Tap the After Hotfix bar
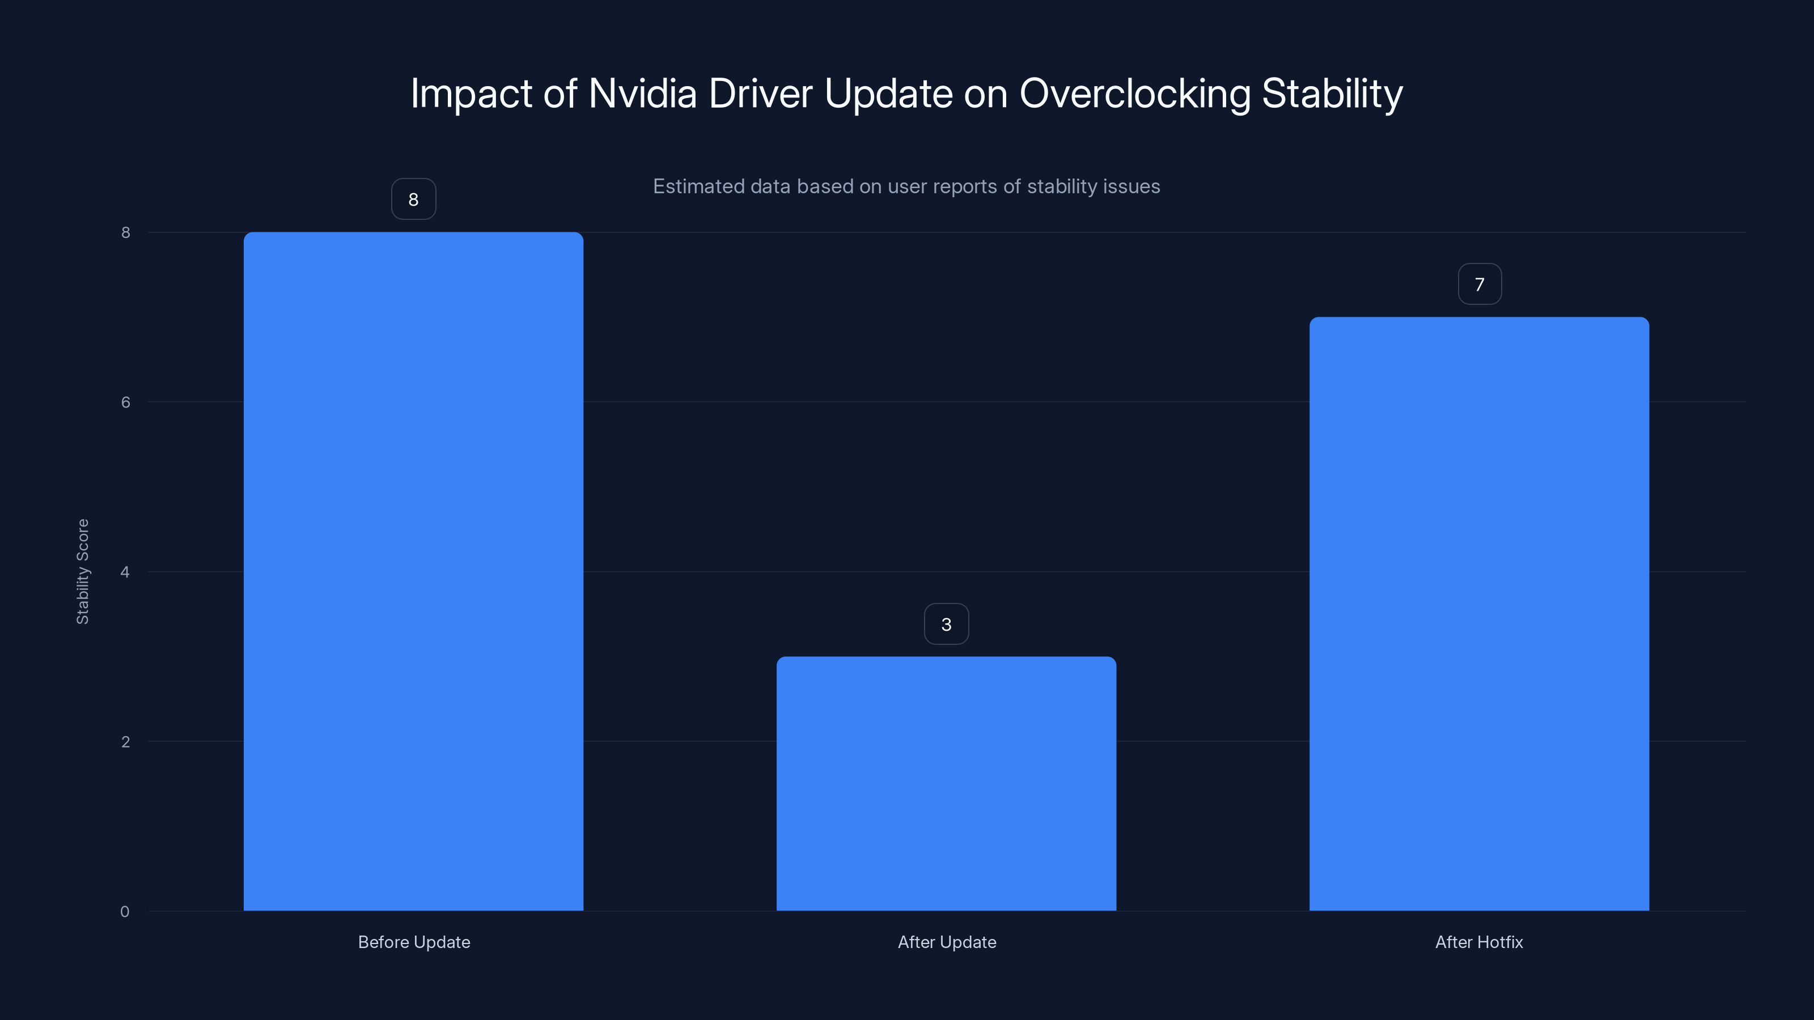tap(1479, 613)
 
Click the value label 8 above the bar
tap(413, 199)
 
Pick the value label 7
tap(1479, 284)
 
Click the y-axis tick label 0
tap(125, 912)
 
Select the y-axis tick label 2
tap(125, 741)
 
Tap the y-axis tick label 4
tap(125, 572)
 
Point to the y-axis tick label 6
tap(125, 402)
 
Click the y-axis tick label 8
tap(125, 232)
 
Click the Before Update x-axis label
tap(414, 942)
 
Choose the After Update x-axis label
tap(947, 942)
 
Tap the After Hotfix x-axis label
tap(1479, 942)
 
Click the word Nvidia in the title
tap(642, 93)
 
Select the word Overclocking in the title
tap(1134, 94)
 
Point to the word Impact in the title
tap(471, 94)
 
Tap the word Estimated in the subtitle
tap(698, 186)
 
